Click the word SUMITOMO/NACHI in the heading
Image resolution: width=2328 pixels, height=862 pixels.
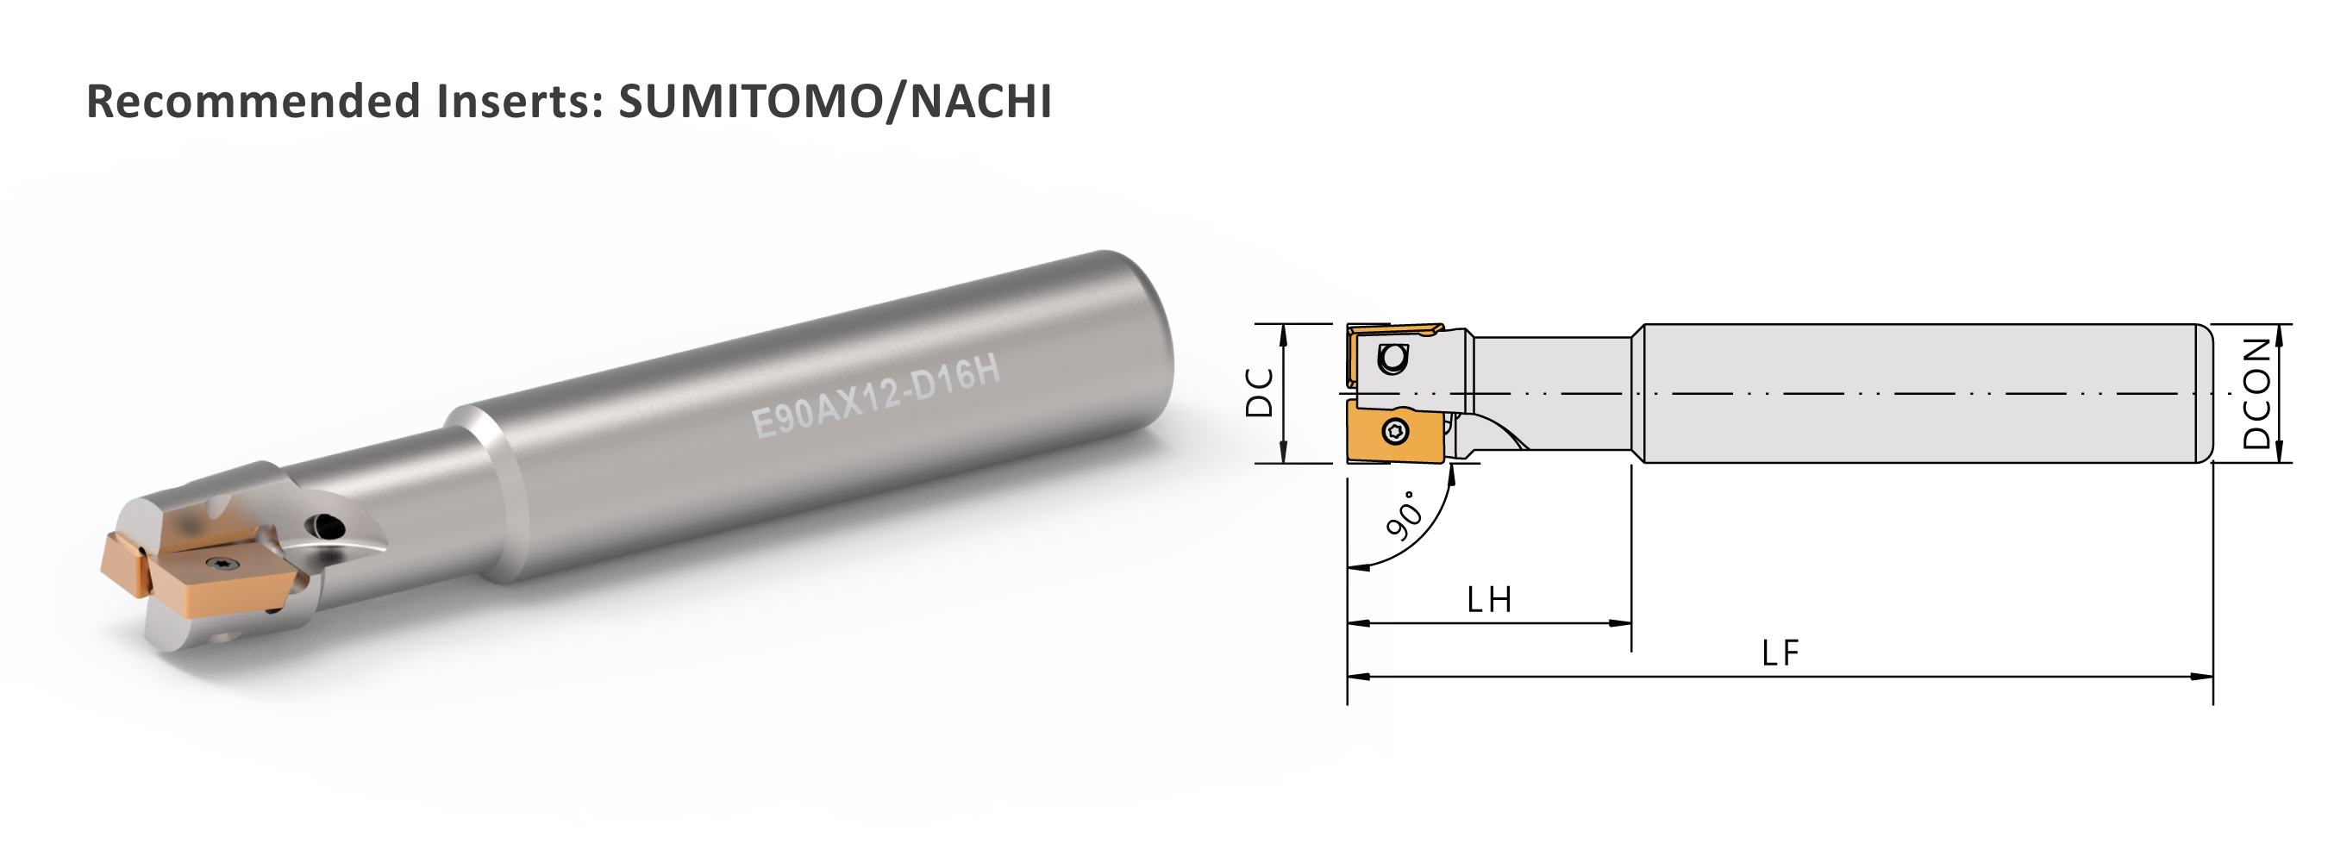tap(835, 101)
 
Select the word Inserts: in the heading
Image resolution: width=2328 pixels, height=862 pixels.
tap(520, 101)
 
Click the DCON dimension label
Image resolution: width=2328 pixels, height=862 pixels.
tap(2256, 393)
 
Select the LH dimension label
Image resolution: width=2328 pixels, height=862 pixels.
tap(1488, 600)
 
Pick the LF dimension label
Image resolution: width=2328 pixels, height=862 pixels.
tap(1780, 653)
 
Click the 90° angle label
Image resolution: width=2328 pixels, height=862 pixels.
tap(1405, 515)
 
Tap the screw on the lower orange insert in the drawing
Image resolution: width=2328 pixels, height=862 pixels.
tap(1395, 432)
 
